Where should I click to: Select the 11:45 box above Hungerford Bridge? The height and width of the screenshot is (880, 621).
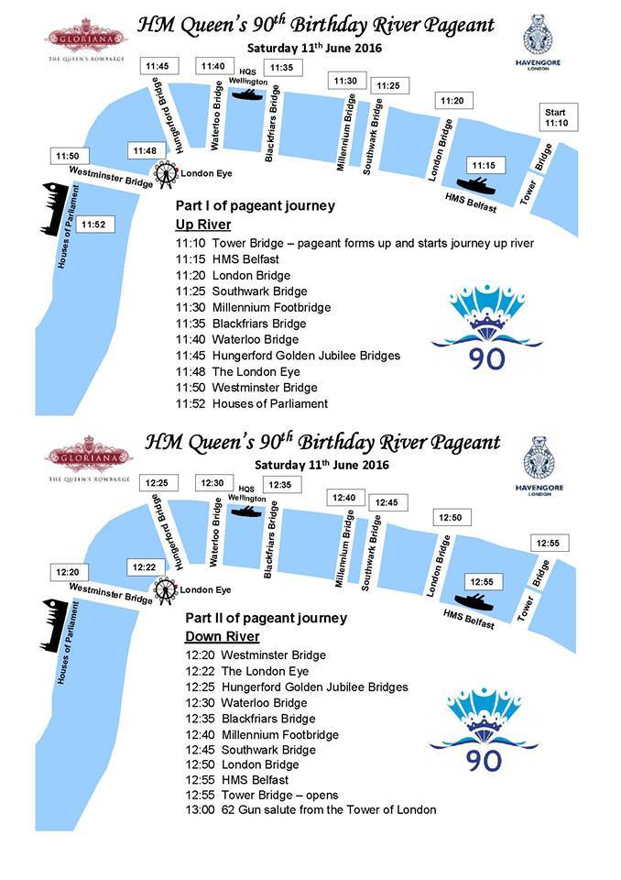pyautogui.click(x=157, y=66)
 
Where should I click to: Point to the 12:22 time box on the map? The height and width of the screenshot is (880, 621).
pyautogui.click(x=143, y=567)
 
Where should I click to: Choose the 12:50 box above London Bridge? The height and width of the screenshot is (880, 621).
pyautogui.click(x=451, y=518)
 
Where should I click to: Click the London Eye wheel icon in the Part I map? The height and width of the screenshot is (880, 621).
pyautogui.click(x=166, y=173)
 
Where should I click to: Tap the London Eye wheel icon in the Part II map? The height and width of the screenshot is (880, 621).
pyautogui.click(x=166, y=589)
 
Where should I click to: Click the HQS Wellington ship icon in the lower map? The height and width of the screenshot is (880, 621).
pyautogui.click(x=246, y=510)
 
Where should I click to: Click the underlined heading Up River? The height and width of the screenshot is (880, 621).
pyautogui.click(x=202, y=225)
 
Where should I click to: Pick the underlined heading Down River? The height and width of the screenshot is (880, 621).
pyautogui.click(x=223, y=636)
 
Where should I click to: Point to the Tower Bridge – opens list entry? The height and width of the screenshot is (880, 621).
pyautogui.click(x=261, y=795)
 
